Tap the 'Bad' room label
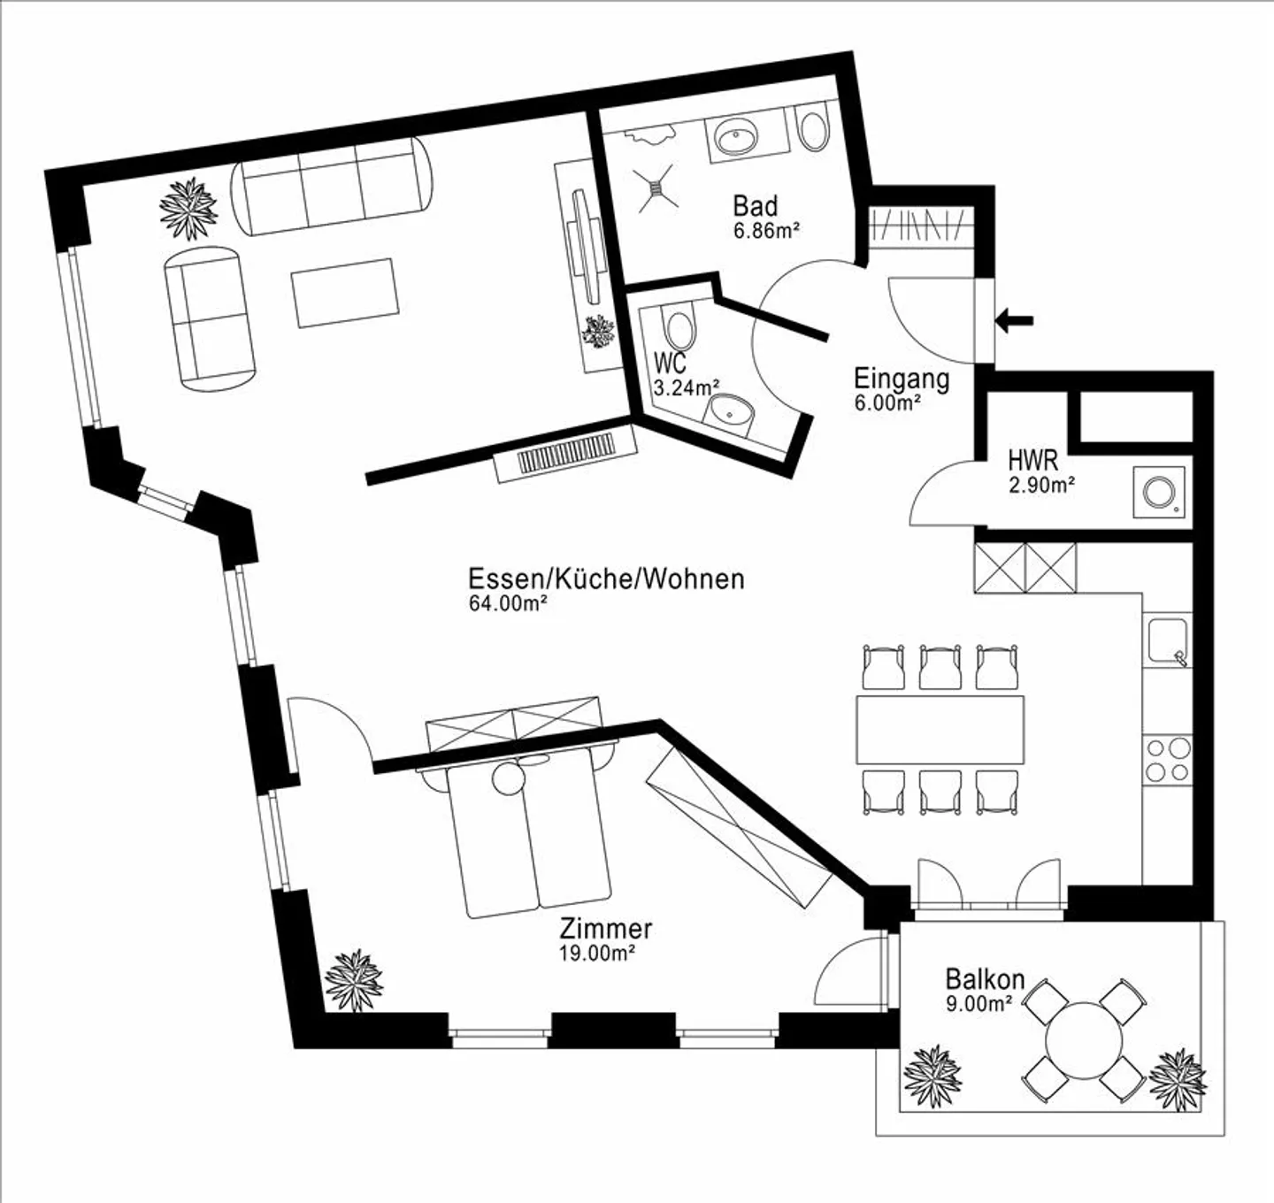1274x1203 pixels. [x=756, y=207]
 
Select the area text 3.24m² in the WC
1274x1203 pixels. [x=686, y=387]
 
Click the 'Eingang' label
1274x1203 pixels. [x=902, y=379]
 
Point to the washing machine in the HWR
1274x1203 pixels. [x=1159, y=492]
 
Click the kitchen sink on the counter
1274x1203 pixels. [x=1167, y=640]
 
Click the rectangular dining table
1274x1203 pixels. [x=940, y=730]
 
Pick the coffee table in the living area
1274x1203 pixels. [x=344, y=293]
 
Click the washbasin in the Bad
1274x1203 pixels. [x=736, y=140]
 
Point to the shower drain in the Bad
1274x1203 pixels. [x=656, y=188]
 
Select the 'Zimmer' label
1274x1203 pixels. [x=606, y=929]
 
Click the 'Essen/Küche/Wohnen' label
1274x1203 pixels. [x=607, y=579]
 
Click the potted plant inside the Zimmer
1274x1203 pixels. [x=354, y=980]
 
